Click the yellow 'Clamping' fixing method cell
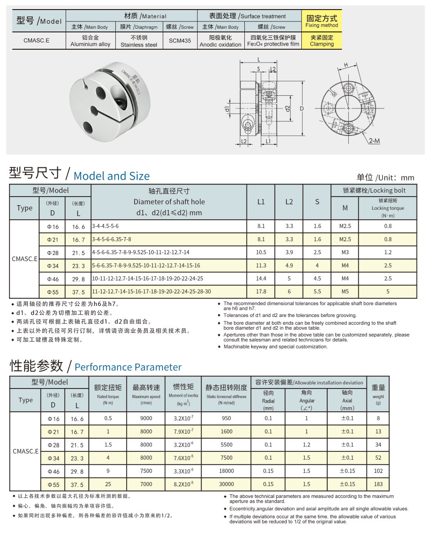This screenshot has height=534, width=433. [x=321, y=41]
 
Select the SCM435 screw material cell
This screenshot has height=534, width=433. [x=180, y=41]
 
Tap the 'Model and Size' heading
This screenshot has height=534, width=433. [x=111, y=176]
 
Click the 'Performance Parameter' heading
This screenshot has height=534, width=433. [x=128, y=367]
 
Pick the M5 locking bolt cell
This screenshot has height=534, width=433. [x=345, y=291]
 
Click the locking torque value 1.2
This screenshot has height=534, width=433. [x=387, y=252]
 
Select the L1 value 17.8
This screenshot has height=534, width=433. [x=261, y=291]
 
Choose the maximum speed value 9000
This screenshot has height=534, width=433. [x=146, y=418]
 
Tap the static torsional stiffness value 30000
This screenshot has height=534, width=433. [x=227, y=484]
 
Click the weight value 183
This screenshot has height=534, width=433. [x=378, y=484]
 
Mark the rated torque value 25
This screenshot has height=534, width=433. [x=108, y=484]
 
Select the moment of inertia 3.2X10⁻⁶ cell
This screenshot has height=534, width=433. [x=184, y=445]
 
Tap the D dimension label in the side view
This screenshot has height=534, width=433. [x=301, y=109]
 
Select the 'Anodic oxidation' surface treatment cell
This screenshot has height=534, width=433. [x=220, y=41]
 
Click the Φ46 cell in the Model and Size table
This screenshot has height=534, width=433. [x=53, y=278]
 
